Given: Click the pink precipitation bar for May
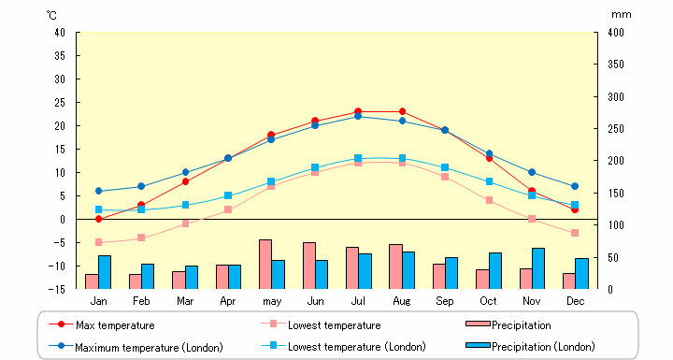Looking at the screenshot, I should (265, 265).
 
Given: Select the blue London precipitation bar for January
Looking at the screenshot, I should (105, 272).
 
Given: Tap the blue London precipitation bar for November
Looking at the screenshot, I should (538, 268).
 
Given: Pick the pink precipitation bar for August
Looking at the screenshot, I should (395, 266).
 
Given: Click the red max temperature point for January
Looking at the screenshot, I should (98, 219).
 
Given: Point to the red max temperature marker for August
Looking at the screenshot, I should (402, 111).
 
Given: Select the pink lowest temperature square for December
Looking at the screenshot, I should (575, 233).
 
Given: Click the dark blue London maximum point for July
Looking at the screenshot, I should (358, 116).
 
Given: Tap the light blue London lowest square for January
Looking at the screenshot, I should (98, 209).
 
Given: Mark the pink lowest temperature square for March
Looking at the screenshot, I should (185, 223).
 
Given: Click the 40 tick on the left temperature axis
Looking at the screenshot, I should (59, 32).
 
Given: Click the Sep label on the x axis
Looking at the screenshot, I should (445, 301).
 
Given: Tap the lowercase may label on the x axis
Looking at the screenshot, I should (272, 301).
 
